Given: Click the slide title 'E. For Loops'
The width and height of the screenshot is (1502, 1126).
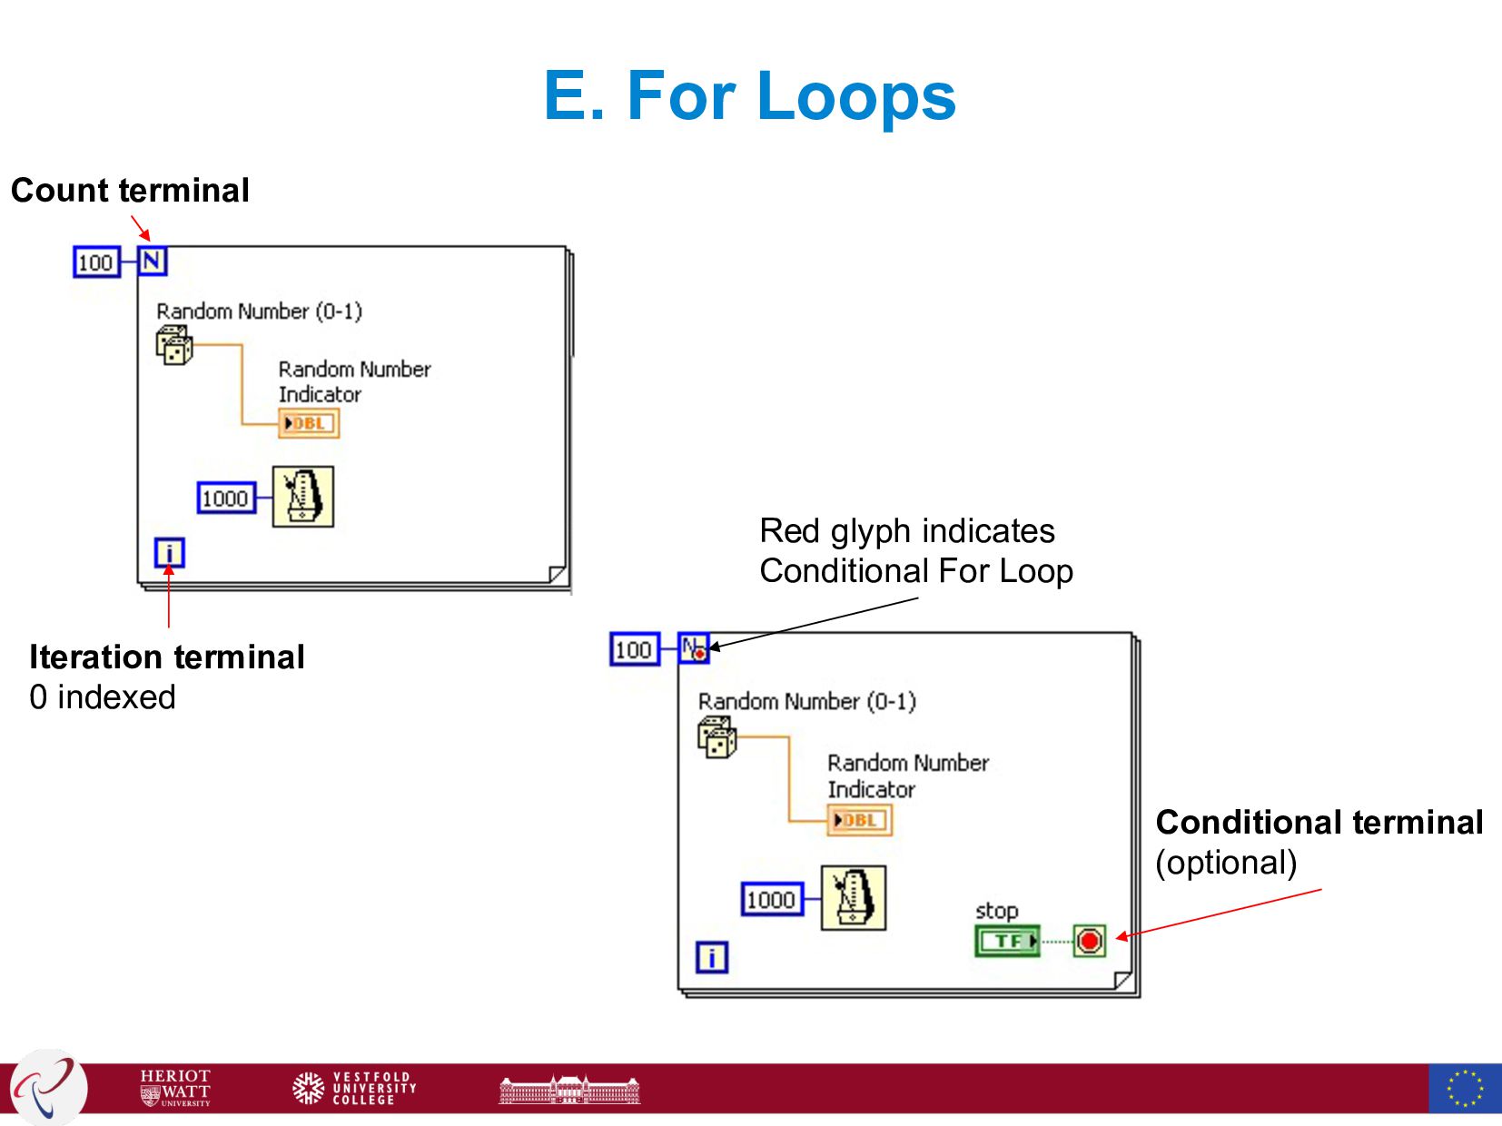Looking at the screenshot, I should (750, 95).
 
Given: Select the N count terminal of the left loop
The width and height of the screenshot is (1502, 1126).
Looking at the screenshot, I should (152, 262).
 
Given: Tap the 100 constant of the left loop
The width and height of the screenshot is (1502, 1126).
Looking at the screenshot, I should (95, 262).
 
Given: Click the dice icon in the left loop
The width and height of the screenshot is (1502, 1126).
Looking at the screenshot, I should (173, 345).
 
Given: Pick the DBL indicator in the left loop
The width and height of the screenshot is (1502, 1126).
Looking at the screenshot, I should (309, 423).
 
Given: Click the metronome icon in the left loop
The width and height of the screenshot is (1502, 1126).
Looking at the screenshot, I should (303, 497).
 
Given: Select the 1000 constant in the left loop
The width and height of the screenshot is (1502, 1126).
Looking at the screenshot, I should (225, 498).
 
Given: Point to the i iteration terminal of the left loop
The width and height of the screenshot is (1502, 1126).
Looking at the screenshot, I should (169, 552).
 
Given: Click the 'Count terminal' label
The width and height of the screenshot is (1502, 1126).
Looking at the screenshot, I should (130, 191).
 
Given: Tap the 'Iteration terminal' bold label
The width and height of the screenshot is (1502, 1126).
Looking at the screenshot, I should (167, 657).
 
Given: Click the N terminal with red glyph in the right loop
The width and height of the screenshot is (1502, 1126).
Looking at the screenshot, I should (694, 649).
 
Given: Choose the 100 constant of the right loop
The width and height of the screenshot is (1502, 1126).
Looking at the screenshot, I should (634, 649).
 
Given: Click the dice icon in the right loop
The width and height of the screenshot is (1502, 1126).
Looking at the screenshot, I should (716, 736).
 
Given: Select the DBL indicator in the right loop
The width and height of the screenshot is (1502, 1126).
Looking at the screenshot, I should (859, 820).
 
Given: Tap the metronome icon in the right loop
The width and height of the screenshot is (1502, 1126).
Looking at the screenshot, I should (853, 898).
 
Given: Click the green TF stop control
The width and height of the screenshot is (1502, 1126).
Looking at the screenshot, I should (1007, 941).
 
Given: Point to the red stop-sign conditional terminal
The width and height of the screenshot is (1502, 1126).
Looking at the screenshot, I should (1090, 941).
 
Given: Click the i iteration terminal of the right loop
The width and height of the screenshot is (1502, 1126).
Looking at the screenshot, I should (711, 957).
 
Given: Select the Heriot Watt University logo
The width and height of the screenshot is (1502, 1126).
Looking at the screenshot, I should (175, 1088).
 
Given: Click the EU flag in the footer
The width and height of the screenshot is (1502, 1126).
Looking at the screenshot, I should (1464, 1088).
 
